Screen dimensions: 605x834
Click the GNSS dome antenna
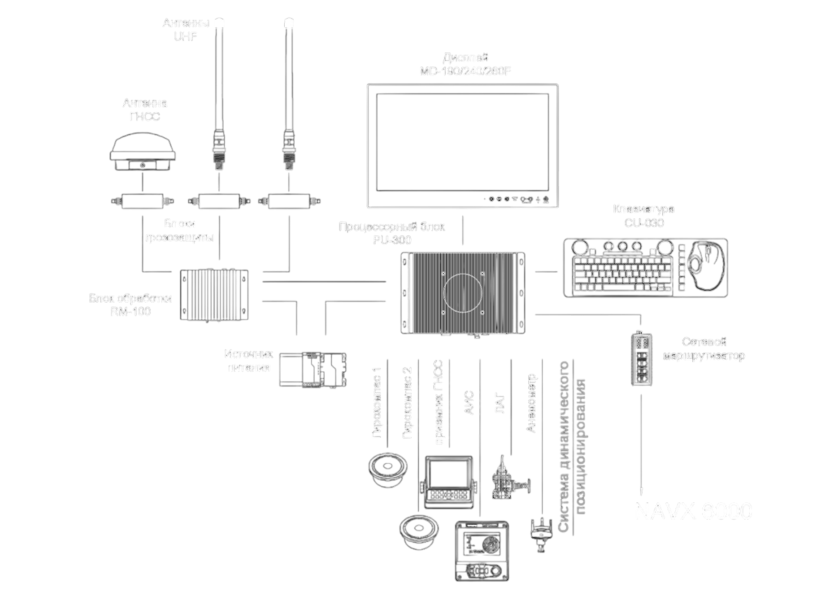click(143, 151)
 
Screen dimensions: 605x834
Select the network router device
click(641, 359)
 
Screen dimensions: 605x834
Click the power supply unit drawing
click(313, 370)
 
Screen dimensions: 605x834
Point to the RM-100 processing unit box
click(214, 295)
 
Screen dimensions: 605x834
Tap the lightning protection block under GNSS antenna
click(143, 201)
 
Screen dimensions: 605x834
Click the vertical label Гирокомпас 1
click(377, 402)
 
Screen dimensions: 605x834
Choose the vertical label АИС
click(469, 403)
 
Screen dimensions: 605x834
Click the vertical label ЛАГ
click(500, 404)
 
